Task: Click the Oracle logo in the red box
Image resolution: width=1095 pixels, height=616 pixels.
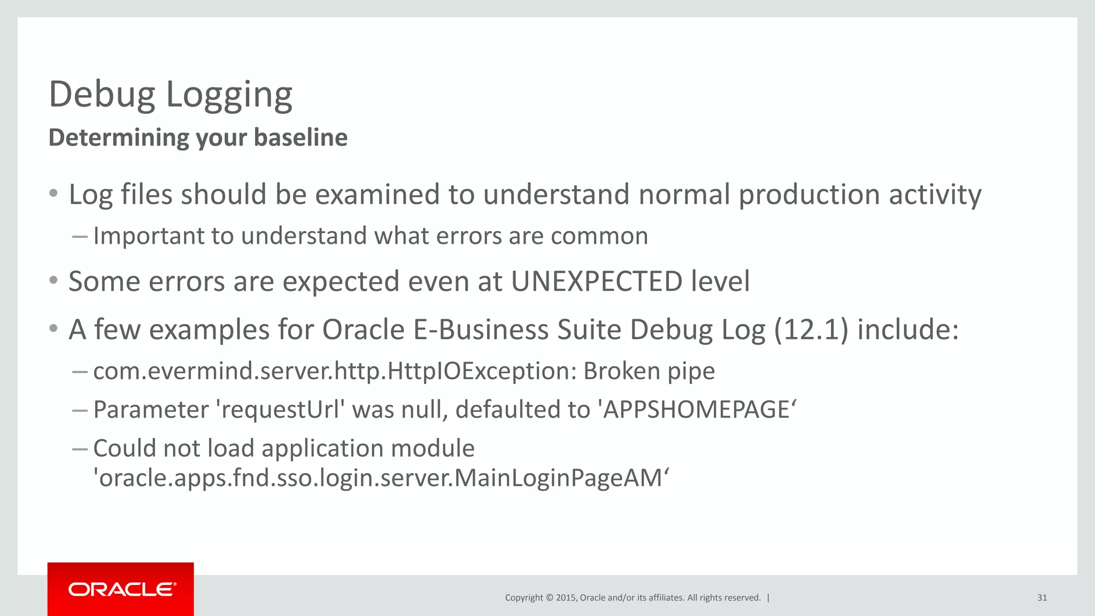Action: pyautogui.click(x=122, y=589)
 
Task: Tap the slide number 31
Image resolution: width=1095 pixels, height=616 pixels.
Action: pyautogui.click(x=1042, y=598)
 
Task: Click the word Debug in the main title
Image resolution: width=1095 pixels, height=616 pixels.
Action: pyautogui.click(x=102, y=95)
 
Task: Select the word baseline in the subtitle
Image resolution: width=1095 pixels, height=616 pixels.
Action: pyautogui.click(x=300, y=138)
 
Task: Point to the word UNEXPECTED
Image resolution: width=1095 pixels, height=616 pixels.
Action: pyautogui.click(x=596, y=282)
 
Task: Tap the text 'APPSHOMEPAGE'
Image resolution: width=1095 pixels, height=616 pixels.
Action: pyautogui.click(x=697, y=410)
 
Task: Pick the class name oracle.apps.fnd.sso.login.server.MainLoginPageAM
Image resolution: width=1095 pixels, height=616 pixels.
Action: pyautogui.click(x=381, y=478)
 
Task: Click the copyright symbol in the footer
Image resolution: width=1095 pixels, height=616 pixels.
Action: pyautogui.click(x=549, y=598)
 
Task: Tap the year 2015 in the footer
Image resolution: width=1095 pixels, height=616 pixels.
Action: pyautogui.click(x=565, y=598)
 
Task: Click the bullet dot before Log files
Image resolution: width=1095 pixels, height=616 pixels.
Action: pyautogui.click(x=53, y=194)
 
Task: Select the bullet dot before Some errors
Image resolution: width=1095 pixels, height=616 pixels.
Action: pyautogui.click(x=53, y=281)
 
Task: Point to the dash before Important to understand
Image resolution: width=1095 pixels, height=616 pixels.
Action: pyautogui.click(x=80, y=236)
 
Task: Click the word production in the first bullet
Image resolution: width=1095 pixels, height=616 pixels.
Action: pyautogui.click(x=809, y=195)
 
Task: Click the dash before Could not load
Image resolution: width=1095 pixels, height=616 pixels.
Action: pyautogui.click(x=80, y=449)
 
